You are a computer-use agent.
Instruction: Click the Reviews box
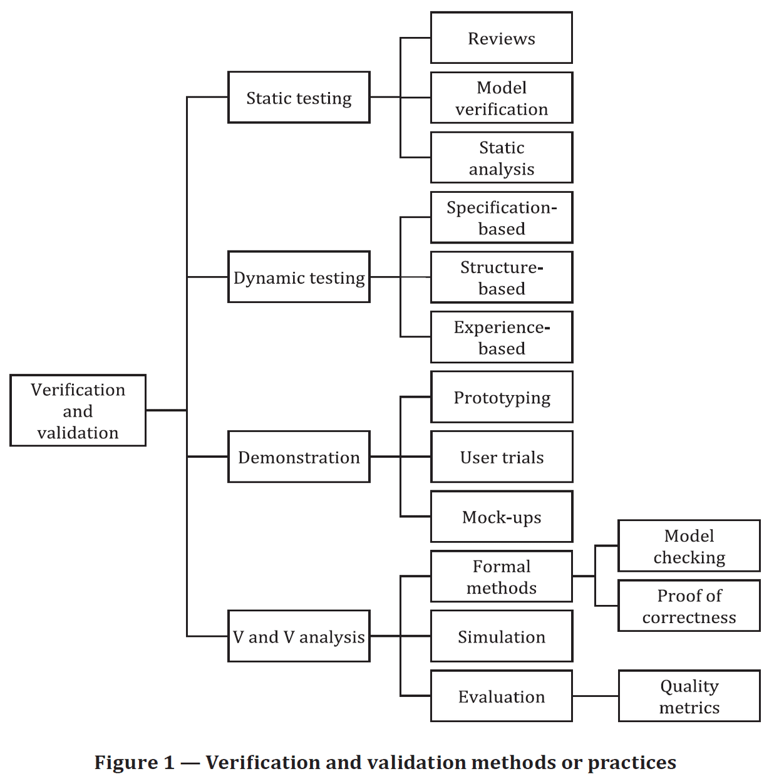[x=501, y=38]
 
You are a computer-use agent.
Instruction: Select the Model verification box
[x=501, y=98]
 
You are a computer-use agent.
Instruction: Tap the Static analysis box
[x=501, y=157]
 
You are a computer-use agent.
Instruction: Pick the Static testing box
[x=299, y=97]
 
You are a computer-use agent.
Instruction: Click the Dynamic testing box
[x=299, y=277]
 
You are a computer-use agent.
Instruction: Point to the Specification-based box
[x=501, y=217]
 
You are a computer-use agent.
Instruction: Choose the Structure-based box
[x=501, y=277]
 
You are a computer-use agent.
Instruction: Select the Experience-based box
[x=501, y=337]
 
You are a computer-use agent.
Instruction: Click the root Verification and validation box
[x=78, y=410]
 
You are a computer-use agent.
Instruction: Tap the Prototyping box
[x=501, y=397]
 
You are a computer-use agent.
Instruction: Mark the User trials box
[x=501, y=457]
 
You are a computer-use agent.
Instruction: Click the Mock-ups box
[x=501, y=517]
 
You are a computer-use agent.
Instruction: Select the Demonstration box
[x=299, y=457]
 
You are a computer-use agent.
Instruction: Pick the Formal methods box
[x=501, y=576]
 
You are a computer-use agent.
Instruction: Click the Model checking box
[x=689, y=545]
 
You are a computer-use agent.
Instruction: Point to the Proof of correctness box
[x=689, y=606]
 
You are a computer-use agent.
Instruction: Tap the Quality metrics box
[x=689, y=696]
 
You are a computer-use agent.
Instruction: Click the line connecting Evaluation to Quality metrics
[x=595, y=696]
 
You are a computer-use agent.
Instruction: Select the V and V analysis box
[x=299, y=636]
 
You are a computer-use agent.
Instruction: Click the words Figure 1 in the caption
[x=134, y=762]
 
